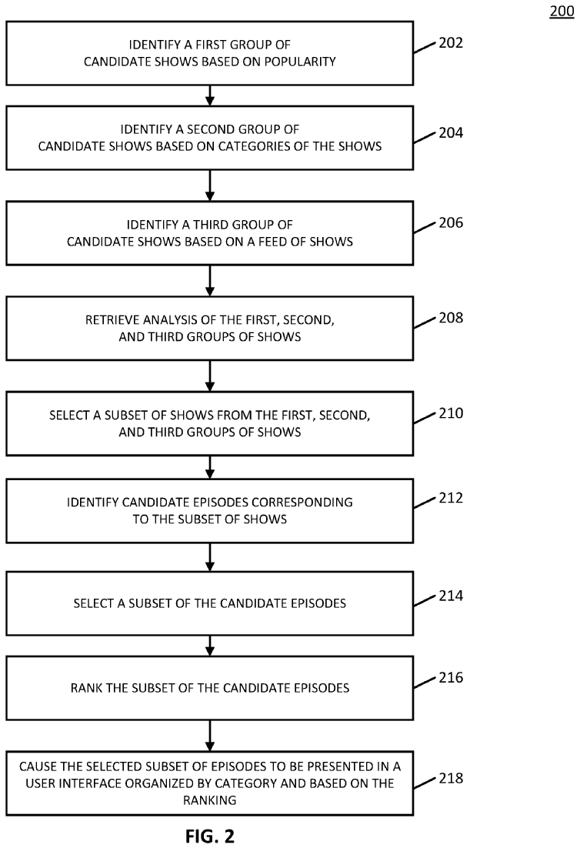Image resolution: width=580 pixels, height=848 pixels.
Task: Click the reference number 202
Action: tap(450, 43)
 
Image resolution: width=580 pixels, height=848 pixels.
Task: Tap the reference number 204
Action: tap(450, 132)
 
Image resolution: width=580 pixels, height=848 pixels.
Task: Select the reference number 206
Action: tap(450, 222)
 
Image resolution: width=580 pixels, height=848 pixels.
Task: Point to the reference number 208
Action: tap(450, 318)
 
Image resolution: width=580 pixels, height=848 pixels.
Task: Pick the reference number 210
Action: tap(450, 413)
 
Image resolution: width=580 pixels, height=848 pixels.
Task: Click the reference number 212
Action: tap(450, 498)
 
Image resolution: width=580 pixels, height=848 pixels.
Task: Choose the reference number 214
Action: tap(450, 596)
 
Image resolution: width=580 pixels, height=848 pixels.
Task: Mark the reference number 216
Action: tap(450, 677)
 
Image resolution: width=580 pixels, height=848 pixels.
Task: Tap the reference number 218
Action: tap(450, 778)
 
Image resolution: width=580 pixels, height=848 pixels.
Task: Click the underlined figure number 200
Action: tap(562, 11)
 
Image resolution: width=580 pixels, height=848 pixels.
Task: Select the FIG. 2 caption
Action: tap(210, 836)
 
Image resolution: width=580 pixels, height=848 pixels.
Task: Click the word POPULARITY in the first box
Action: tap(300, 62)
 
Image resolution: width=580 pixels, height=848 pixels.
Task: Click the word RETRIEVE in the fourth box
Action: tap(111, 319)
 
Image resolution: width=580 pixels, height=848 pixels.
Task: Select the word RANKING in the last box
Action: tap(210, 800)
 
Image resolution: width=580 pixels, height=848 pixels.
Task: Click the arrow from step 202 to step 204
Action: tap(210, 95)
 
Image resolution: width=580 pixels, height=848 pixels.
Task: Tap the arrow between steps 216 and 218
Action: tap(210, 736)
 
